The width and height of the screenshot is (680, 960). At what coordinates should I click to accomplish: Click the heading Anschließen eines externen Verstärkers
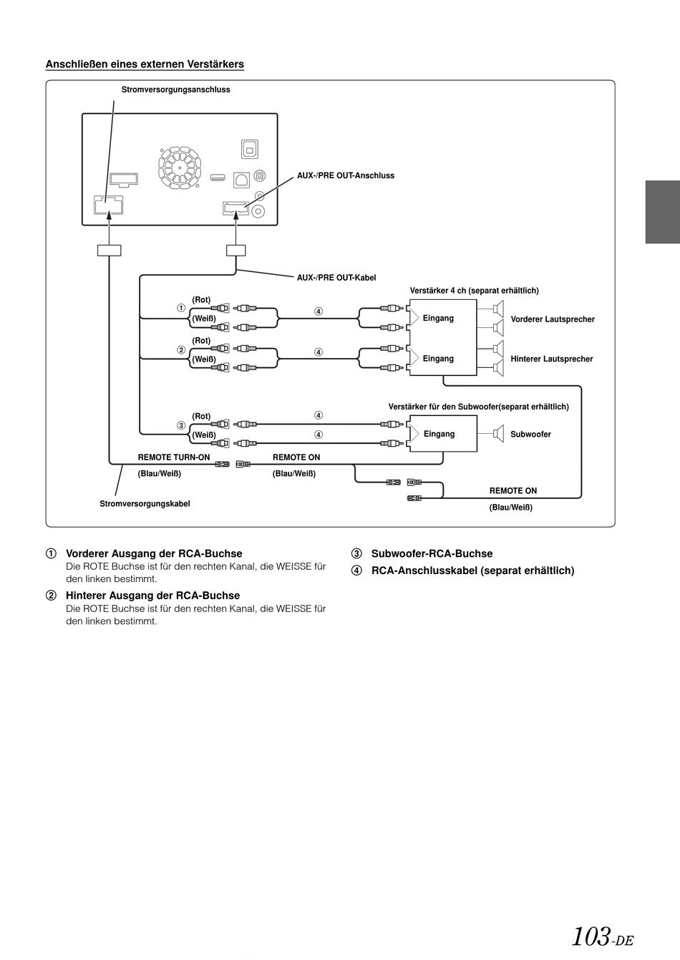145,64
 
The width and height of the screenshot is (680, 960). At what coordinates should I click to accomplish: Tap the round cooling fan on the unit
180,167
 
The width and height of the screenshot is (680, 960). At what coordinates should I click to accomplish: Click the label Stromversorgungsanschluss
175,89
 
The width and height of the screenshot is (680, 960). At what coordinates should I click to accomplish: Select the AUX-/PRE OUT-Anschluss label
345,175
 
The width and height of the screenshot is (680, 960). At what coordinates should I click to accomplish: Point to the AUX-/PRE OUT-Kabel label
336,278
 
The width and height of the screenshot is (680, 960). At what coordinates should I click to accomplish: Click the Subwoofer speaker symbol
498,434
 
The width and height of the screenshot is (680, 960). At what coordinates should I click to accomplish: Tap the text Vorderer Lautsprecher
553,319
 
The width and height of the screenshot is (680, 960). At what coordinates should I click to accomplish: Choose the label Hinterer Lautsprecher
551,359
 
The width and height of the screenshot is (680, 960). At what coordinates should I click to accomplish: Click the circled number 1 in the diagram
181,308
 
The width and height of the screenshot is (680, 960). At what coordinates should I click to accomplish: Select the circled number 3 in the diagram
181,425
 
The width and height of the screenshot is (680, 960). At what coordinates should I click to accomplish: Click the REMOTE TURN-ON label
173,457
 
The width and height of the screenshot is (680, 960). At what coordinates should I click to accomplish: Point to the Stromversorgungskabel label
145,503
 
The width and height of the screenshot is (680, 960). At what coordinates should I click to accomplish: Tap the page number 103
591,936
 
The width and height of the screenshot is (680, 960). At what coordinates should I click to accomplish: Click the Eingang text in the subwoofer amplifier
439,434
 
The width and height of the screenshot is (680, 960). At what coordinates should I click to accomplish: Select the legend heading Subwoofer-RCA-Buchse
432,553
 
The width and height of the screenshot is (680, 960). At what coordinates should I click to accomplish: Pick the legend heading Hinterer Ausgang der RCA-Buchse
152,596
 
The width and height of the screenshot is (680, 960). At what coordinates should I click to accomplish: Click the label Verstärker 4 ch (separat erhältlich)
474,291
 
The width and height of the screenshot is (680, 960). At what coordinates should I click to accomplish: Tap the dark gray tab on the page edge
662,212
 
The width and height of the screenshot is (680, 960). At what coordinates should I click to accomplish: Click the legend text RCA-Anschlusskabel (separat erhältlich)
472,571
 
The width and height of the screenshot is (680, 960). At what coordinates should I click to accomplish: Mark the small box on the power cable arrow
110,251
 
